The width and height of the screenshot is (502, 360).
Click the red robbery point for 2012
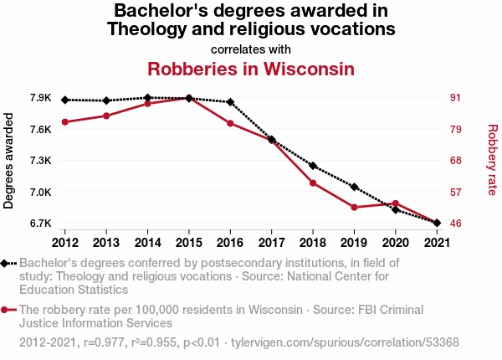click(x=65, y=122)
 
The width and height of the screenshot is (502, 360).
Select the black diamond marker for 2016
click(x=230, y=102)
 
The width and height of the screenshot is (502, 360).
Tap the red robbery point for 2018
click(x=313, y=183)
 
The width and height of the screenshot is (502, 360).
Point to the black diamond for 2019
click(x=354, y=187)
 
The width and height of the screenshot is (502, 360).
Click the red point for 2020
click(x=396, y=203)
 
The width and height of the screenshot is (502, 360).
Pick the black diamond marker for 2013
click(x=106, y=100)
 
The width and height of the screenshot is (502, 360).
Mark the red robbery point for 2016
click(x=230, y=123)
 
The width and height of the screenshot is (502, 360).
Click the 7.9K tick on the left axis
click(x=41, y=98)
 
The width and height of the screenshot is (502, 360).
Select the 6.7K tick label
click(x=41, y=224)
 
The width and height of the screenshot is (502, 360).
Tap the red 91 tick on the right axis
click(x=456, y=98)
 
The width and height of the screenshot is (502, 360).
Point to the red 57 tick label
click(x=456, y=193)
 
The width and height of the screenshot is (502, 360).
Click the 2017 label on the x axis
click(x=271, y=243)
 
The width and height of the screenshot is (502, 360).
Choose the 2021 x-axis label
click(x=437, y=243)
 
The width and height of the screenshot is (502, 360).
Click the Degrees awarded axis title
click(x=8, y=161)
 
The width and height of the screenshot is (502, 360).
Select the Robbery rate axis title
click(x=493, y=160)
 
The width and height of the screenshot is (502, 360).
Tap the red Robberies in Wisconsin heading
click(x=251, y=69)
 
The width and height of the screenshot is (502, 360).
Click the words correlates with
click(x=251, y=49)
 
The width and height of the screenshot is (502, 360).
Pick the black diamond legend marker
click(x=4, y=263)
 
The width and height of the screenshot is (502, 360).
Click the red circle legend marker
click(x=4, y=310)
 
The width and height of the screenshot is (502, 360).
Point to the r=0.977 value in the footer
click(x=104, y=342)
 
